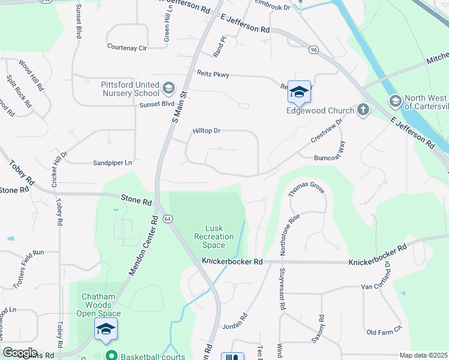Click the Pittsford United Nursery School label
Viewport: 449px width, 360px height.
(x=130, y=89)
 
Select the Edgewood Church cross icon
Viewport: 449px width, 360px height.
(x=363, y=110)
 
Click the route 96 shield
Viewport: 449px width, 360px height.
(x=313, y=49)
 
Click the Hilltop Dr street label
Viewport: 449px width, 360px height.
(x=206, y=131)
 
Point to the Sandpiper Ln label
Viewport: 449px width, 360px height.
(x=112, y=163)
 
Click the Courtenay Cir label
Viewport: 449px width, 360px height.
(x=127, y=46)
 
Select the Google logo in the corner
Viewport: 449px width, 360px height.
(x=20, y=353)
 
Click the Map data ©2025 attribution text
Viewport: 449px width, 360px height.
(x=423, y=355)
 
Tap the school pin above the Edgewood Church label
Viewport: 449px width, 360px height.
(x=299, y=91)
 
